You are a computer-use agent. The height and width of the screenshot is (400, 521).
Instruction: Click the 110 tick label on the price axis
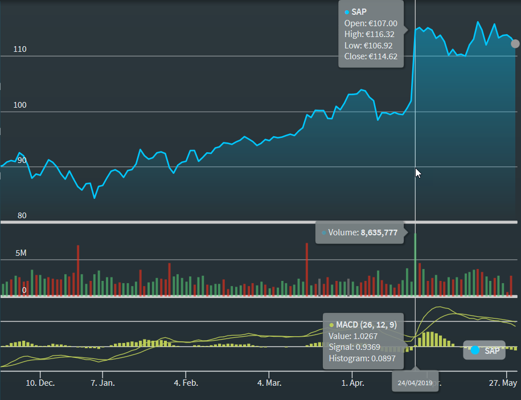(x=20, y=50)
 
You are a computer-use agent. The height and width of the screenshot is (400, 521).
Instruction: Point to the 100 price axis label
(x=20, y=105)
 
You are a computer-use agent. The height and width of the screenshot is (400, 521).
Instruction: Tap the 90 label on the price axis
(x=22, y=161)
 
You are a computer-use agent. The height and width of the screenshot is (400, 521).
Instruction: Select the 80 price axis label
(x=22, y=215)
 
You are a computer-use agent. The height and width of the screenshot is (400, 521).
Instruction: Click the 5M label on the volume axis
(x=20, y=252)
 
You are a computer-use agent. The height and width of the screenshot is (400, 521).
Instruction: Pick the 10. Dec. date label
(x=40, y=383)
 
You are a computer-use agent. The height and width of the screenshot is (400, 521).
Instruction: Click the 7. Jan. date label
(x=103, y=383)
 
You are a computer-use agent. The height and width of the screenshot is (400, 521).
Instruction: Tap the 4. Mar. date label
(x=270, y=383)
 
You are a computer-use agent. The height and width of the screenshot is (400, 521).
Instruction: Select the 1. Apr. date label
(x=353, y=383)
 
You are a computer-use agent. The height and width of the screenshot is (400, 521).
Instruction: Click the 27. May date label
(x=502, y=383)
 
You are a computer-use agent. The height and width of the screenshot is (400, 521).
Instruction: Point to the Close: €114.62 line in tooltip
(x=371, y=56)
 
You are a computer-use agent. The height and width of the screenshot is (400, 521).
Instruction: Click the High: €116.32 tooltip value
(x=370, y=35)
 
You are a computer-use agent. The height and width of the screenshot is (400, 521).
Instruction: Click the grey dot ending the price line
(x=515, y=43)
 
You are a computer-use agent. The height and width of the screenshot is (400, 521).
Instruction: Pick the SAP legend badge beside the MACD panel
(x=484, y=350)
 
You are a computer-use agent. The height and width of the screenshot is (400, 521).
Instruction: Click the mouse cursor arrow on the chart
(x=419, y=173)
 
